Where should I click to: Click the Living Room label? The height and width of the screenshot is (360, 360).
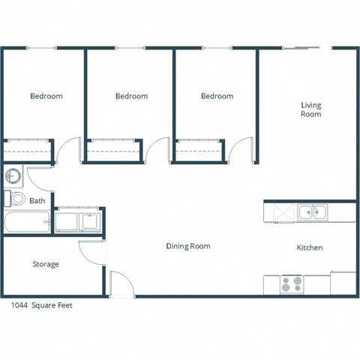point(311,109)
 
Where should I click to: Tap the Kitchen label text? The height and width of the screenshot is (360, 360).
point(310,247)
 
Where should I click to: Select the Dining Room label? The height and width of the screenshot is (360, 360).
point(187,246)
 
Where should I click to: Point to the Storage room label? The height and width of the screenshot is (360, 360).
point(46,264)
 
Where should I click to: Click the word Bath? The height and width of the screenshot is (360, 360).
point(37,201)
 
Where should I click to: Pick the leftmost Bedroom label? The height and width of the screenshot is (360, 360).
point(46,96)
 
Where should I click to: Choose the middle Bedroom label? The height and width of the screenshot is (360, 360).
point(131,96)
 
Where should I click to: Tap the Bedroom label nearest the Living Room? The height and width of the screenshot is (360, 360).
point(217,96)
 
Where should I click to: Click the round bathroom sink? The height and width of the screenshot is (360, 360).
point(13,177)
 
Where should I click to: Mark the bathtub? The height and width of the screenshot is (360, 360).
point(27,223)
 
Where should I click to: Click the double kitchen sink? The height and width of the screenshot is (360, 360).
point(311,212)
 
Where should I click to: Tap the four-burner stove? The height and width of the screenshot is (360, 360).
point(292,284)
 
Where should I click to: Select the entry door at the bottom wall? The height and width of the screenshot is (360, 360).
point(121,283)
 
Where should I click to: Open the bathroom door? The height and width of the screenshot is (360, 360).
point(39,178)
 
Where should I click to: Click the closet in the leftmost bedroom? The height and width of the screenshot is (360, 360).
point(28,151)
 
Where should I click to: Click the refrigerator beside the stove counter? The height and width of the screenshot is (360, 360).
point(343,283)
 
